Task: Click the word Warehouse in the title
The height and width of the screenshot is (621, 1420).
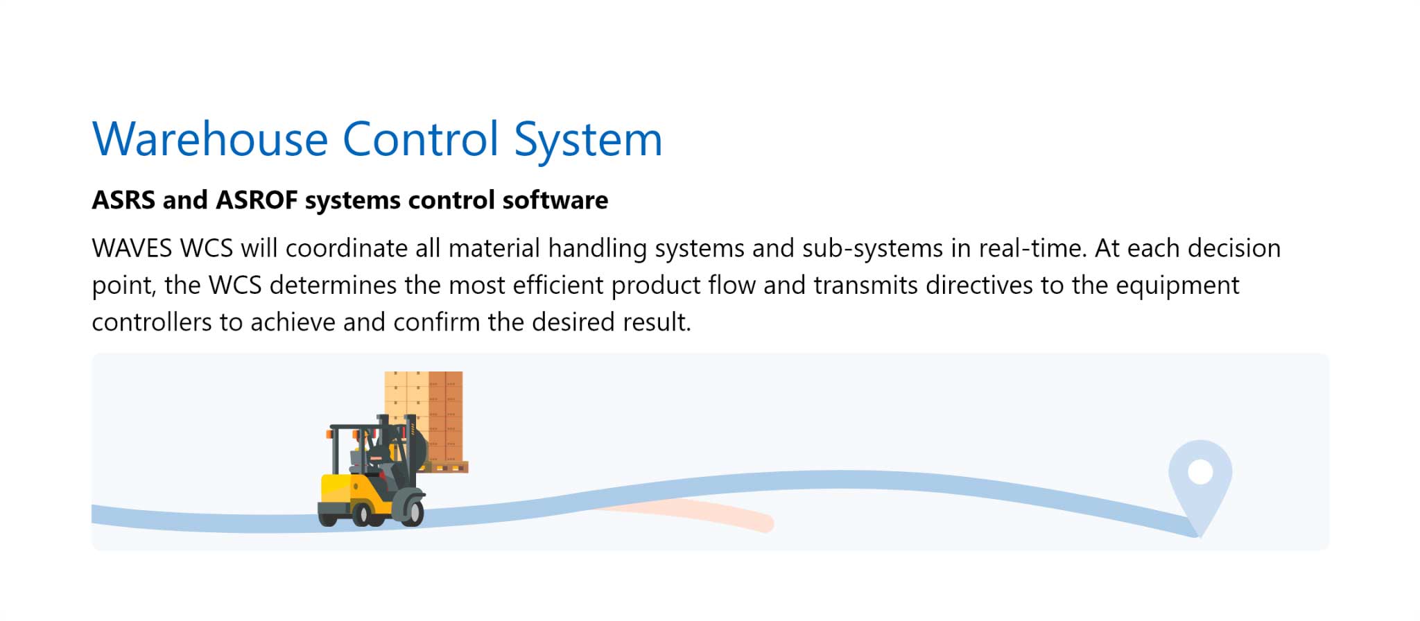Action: [210, 139]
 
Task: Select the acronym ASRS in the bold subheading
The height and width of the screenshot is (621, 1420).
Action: [123, 200]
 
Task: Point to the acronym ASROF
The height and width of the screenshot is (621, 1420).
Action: [257, 200]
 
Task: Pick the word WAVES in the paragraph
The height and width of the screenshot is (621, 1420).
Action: [132, 248]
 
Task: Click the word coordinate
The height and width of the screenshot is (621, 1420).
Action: [347, 248]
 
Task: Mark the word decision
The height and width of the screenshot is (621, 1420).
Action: [1234, 248]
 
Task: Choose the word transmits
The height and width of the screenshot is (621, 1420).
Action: [866, 286]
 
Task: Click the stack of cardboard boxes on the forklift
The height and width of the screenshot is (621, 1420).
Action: [424, 416]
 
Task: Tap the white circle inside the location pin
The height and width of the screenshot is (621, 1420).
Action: [1200, 473]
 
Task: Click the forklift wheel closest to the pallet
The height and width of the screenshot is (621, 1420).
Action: [410, 511]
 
